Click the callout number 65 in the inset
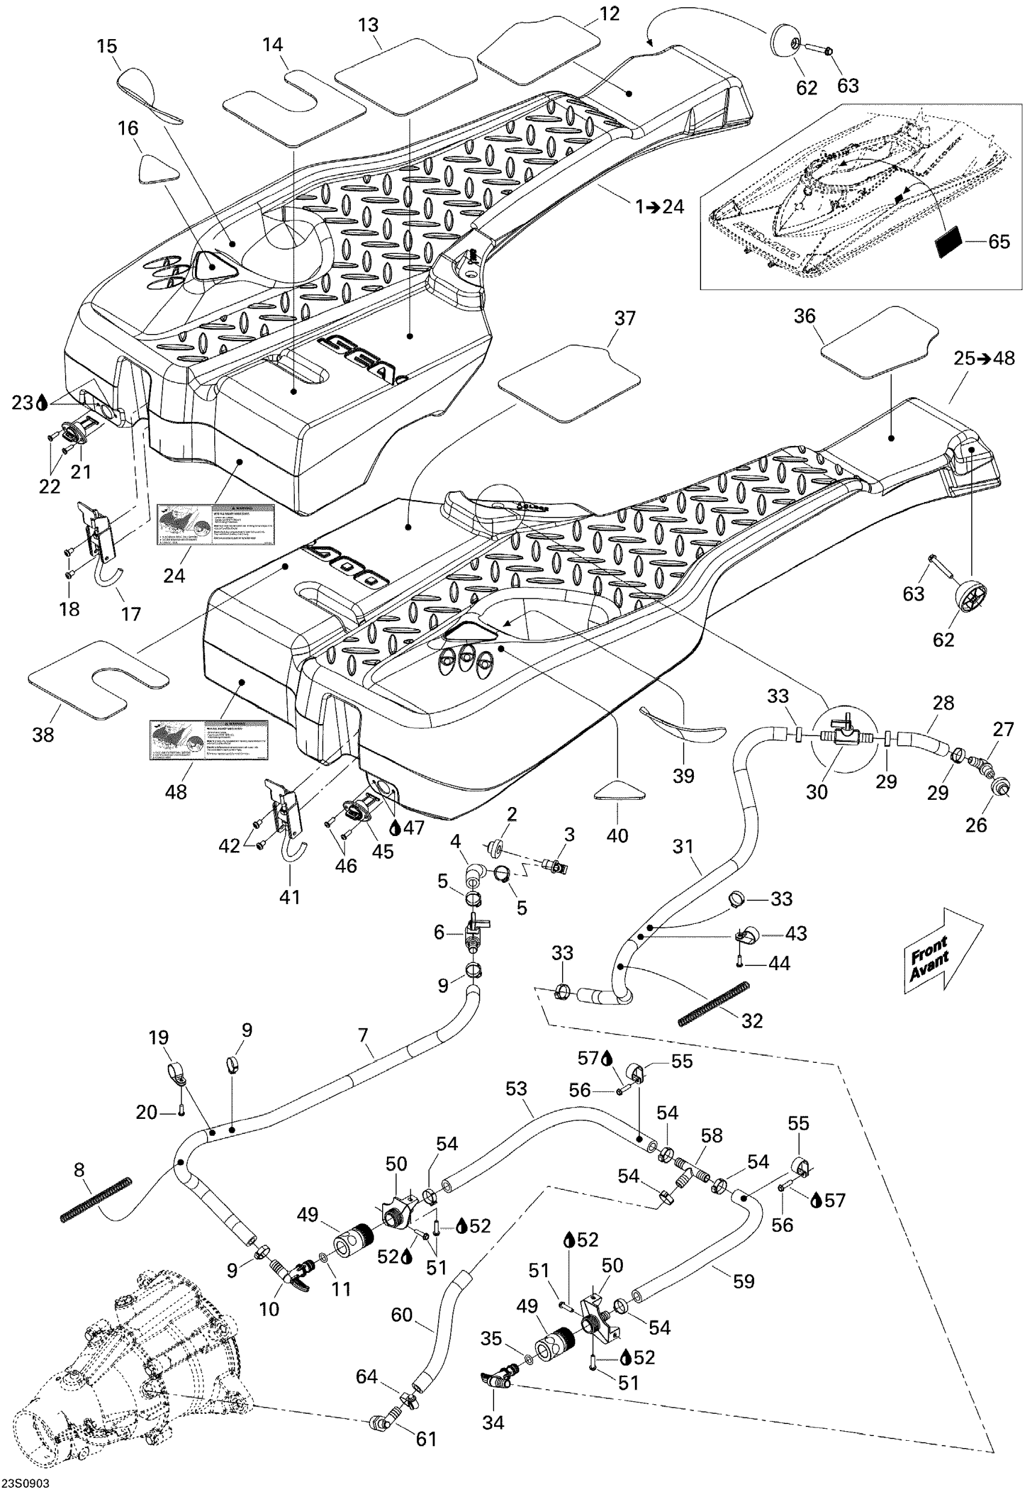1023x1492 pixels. (998, 241)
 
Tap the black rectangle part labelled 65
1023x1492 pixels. (948, 243)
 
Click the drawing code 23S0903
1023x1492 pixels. (25, 1484)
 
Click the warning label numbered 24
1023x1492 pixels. (216, 524)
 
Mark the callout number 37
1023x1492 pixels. (625, 318)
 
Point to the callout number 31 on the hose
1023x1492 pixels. (684, 846)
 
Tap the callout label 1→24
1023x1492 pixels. (659, 206)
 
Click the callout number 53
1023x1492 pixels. (516, 1088)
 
